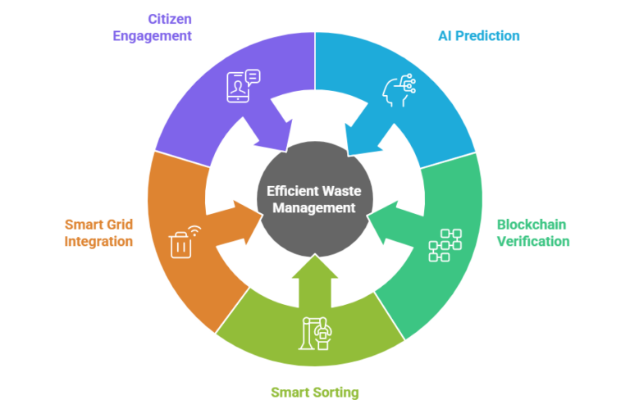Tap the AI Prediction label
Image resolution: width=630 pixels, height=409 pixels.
coord(479,35)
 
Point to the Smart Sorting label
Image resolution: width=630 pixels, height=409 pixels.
coord(316,392)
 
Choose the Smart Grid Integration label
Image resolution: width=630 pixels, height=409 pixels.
coord(98,233)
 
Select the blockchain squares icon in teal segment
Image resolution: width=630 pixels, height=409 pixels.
coord(445,245)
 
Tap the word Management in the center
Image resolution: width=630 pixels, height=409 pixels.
coord(314,207)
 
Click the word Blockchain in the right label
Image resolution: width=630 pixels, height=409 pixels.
coord(532,225)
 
